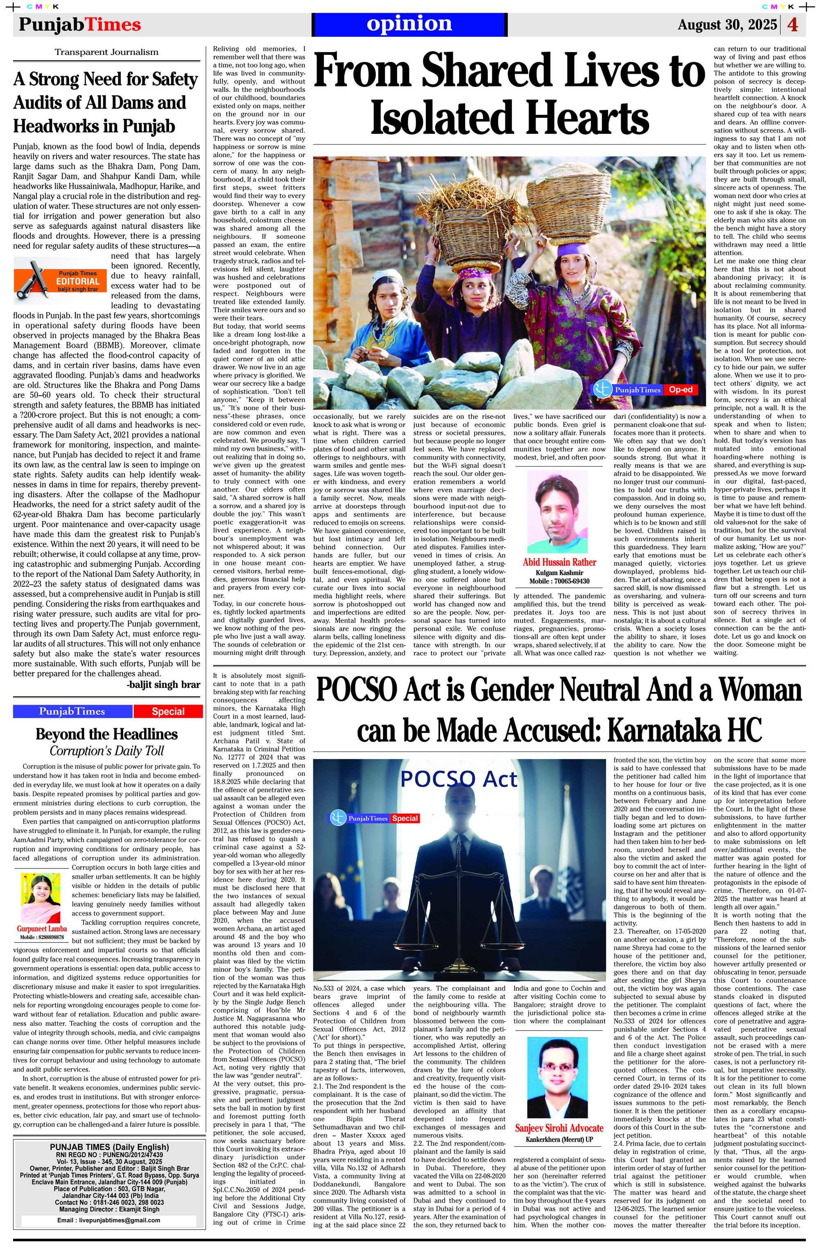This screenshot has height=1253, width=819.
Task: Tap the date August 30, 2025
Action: pos(727,25)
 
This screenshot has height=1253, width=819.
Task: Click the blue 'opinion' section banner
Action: pos(409,24)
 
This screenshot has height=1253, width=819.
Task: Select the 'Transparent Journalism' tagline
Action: pos(106,52)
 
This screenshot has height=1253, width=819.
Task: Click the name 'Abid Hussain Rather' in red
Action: pos(559,562)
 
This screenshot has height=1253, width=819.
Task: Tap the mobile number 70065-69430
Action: pos(570,581)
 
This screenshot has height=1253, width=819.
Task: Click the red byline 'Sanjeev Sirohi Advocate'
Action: pos(559,1128)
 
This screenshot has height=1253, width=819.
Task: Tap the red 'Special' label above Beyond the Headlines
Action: pos(168,711)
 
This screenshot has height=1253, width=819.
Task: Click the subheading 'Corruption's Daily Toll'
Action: pos(107,751)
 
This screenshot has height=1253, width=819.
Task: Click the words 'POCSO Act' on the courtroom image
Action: pos(459,779)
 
